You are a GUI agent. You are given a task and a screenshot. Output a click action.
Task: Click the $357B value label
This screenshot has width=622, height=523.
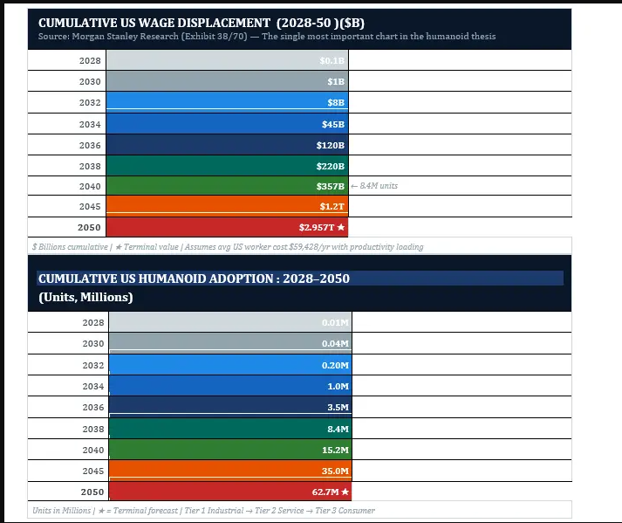click(331, 186)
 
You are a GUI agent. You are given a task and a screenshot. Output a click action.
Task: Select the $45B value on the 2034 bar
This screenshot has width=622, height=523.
click(333, 124)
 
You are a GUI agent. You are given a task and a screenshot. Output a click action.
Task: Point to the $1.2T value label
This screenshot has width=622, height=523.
click(332, 207)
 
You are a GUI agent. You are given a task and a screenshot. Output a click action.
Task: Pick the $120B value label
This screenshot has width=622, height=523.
click(331, 145)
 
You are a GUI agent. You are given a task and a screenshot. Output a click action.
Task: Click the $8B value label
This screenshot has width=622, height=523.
click(336, 103)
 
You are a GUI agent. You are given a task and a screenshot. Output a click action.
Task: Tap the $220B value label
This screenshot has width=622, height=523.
click(331, 166)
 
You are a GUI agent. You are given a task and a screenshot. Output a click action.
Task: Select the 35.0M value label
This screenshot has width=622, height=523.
click(335, 471)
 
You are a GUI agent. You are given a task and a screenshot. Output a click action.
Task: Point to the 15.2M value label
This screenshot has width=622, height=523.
click(335, 451)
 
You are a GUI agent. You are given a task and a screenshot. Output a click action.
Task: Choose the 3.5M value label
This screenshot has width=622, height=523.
click(338, 408)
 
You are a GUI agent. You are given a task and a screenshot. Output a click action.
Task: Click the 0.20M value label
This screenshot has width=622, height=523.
click(335, 366)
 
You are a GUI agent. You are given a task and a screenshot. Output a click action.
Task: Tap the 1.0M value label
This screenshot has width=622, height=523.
click(338, 387)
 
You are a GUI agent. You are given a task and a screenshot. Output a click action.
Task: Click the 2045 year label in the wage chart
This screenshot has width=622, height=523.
click(90, 207)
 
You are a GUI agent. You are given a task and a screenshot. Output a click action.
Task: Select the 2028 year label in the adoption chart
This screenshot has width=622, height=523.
click(90, 323)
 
